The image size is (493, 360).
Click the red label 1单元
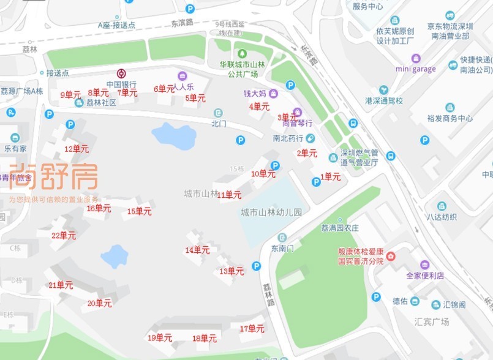click(331, 177)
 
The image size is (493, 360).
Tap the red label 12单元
click(77, 149)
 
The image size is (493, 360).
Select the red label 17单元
click(252, 329)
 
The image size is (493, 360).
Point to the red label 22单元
click(64, 236)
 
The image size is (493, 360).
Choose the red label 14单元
click(197, 250)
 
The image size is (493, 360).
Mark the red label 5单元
click(195, 98)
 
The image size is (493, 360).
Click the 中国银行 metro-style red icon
click(121, 73)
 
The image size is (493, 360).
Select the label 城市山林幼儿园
click(271, 213)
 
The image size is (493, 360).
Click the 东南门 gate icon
click(282, 238)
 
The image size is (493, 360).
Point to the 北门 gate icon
click(219, 113)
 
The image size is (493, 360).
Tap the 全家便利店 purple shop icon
click(424, 264)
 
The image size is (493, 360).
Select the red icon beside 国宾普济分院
click(390, 255)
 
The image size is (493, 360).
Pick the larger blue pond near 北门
click(174, 136)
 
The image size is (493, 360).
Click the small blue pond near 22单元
click(114, 256)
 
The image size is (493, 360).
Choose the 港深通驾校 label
click(384, 100)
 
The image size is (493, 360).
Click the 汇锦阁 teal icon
click(436, 304)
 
